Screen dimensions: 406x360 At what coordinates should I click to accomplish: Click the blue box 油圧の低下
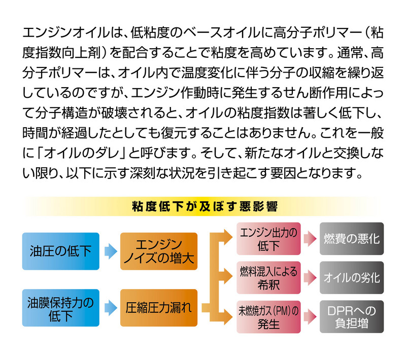(x=61, y=251)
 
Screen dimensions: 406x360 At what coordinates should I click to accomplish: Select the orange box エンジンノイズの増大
(x=159, y=251)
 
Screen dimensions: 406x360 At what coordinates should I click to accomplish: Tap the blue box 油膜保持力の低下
(x=61, y=308)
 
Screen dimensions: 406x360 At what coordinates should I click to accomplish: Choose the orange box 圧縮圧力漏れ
(x=159, y=308)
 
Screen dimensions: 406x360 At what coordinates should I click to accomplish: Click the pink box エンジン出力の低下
(x=268, y=239)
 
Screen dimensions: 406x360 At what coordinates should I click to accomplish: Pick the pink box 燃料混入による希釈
(x=268, y=277)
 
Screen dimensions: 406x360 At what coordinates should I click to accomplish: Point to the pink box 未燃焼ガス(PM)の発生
(x=268, y=317)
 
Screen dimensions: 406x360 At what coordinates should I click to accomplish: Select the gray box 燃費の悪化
(x=352, y=239)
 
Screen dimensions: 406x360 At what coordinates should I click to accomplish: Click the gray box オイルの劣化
(x=352, y=277)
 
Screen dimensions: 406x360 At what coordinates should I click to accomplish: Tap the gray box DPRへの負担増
(x=352, y=317)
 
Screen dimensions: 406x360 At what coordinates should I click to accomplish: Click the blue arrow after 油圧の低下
(x=111, y=251)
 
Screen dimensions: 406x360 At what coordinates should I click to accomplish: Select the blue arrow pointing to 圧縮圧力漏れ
(x=111, y=308)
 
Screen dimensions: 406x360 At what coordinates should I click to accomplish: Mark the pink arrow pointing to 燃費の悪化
(x=310, y=239)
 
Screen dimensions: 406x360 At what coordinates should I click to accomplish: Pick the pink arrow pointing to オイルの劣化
(x=310, y=277)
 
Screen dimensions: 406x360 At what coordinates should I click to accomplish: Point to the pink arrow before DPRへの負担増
(x=310, y=317)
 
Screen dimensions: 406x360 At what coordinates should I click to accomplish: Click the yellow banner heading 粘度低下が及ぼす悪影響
(x=205, y=206)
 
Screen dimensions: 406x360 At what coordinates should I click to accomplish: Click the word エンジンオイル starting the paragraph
(x=66, y=33)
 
